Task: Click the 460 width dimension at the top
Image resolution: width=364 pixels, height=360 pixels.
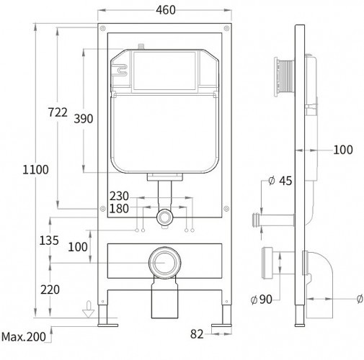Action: (166, 10)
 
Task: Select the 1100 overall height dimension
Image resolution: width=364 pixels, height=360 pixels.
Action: (35, 169)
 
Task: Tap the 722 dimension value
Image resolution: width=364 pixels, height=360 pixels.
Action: (58, 112)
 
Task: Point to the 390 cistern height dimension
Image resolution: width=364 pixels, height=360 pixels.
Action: (84, 119)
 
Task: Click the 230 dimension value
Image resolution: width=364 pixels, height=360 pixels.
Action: (119, 196)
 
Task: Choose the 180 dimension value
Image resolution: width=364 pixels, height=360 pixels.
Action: (119, 209)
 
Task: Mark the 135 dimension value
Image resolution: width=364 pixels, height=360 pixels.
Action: (49, 240)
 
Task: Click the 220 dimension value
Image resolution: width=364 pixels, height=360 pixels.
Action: (50, 289)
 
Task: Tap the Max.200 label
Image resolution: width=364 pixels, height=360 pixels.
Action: (24, 337)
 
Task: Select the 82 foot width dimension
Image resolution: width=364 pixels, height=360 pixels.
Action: (197, 334)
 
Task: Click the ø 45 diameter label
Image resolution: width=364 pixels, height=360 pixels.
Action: (280, 181)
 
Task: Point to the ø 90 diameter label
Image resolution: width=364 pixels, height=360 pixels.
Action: (261, 300)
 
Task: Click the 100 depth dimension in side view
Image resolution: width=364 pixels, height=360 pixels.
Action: (343, 150)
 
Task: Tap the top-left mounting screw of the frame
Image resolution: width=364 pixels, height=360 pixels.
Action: (103, 29)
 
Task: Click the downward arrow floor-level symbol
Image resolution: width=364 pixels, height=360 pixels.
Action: (89, 309)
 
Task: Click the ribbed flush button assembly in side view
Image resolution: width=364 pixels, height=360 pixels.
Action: (284, 77)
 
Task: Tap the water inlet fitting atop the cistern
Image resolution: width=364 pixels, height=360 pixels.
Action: (141, 47)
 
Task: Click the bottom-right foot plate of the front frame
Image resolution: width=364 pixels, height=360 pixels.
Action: (221, 325)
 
